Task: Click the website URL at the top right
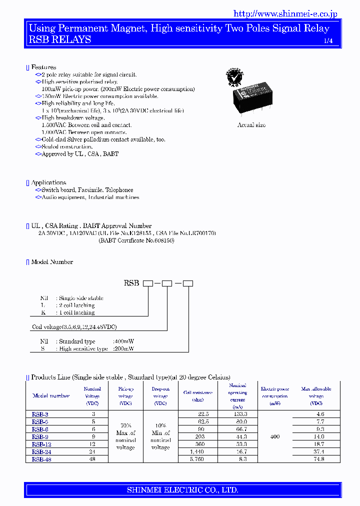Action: point(285,14)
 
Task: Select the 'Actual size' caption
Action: point(251,125)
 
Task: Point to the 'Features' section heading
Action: point(43,67)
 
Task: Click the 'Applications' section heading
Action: point(48,182)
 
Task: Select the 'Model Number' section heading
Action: point(52,261)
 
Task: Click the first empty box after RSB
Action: point(148,283)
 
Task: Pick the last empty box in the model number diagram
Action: point(188,283)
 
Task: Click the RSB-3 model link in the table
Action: point(40,414)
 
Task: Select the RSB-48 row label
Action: point(41,459)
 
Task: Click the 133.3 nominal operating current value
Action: point(237,414)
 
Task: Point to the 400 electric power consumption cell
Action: point(275,436)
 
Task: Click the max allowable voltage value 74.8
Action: point(316,459)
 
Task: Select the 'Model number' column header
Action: point(51,395)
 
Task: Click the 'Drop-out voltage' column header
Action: point(160,395)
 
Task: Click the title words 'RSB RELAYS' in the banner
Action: point(60,39)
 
